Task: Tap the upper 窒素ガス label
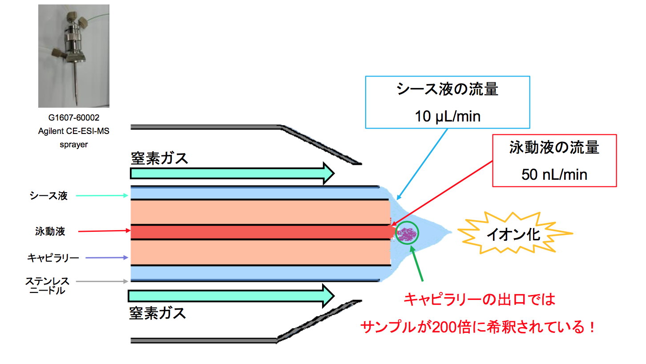click(160, 158)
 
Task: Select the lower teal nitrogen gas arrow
click(231, 295)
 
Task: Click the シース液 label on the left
click(48, 195)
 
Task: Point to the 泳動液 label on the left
click(50, 231)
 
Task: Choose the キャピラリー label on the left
click(53, 258)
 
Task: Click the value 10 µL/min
click(448, 117)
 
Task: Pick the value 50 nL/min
click(554, 174)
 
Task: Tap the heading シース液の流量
click(448, 89)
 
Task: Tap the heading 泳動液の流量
click(554, 147)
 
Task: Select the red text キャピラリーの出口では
click(480, 299)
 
